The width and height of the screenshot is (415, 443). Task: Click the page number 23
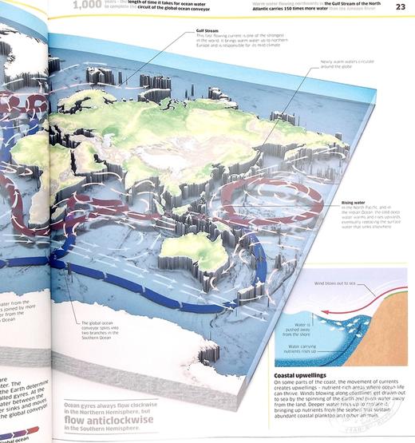[400, 7]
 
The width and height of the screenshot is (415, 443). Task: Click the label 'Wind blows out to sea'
[335, 283]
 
